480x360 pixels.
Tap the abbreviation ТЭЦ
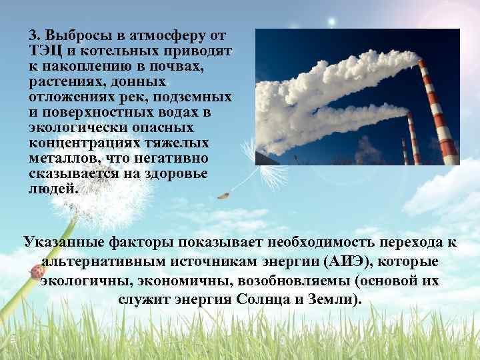pyautogui.click(x=44, y=50)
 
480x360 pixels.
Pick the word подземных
pyautogui.click(x=195, y=97)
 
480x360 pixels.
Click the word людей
pyautogui.click(x=53, y=189)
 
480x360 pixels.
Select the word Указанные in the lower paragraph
pyautogui.click(x=63, y=243)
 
